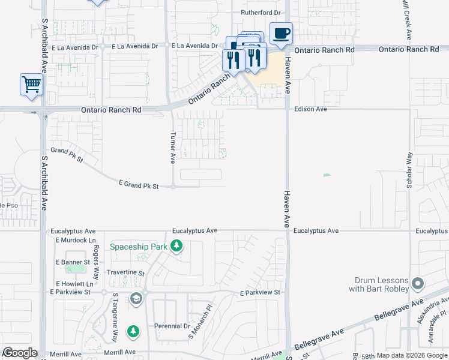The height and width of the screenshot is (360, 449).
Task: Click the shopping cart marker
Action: click(31, 85)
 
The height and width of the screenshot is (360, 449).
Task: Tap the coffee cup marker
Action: click(280, 34)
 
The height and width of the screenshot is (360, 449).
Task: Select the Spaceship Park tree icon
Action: click(176, 246)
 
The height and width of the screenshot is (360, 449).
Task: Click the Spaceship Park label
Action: click(138, 247)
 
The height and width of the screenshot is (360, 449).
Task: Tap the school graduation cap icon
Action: click(136, 298)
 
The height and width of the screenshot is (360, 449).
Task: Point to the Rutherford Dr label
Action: click(261, 12)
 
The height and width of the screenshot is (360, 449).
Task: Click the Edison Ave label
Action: click(310, 109)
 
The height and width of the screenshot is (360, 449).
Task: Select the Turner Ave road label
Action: click(173, 148)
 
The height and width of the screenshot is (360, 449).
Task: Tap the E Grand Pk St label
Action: click(139, 186)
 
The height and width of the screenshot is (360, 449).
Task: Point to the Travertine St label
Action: click(125, 272)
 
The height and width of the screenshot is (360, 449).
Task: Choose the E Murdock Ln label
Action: click(76, 240)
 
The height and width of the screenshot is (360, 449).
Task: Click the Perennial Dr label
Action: click(172, 326)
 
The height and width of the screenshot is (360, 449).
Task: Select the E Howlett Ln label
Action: click(74, 284)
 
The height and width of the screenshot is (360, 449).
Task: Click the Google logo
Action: click(20, 353)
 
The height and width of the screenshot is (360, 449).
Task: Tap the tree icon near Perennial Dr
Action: click(133, 331)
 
